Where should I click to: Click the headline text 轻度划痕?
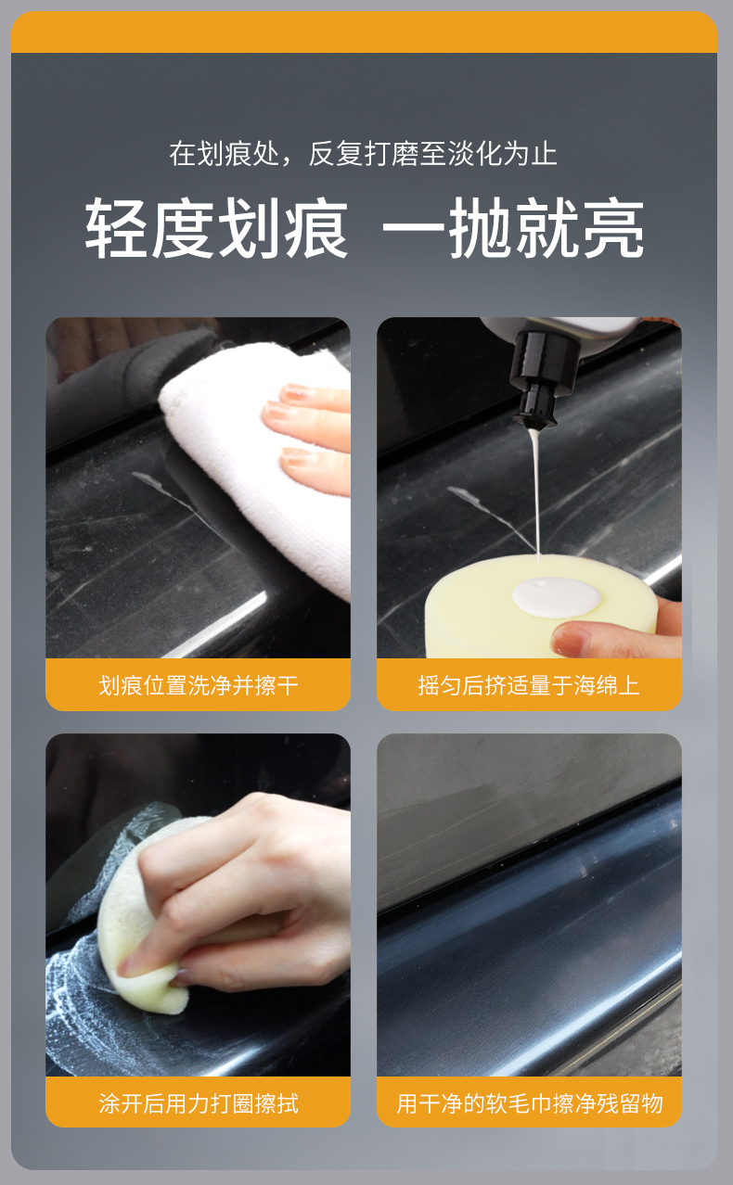[x=216, y=228]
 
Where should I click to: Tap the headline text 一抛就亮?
[x=513, y=228]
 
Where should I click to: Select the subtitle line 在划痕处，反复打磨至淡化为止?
[x=363, y=154]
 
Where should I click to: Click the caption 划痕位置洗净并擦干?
[x=198, y=685]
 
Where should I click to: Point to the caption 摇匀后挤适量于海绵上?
[x=529, y=685]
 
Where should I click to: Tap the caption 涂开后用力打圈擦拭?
[x=198, y=1103]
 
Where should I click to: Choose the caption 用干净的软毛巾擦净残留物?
[x=529, y=1103]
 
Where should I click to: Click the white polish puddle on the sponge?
[x=556, y=597]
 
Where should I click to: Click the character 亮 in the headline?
[x=613, y=228]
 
